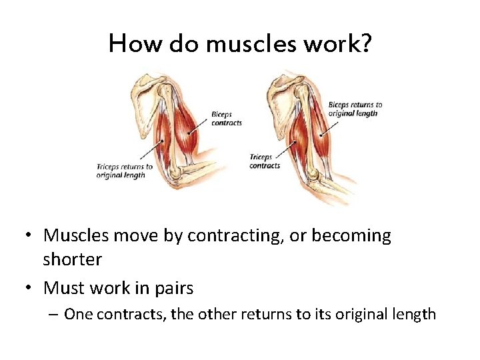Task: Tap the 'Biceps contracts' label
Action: coord(226,119)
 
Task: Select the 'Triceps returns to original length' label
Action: coord(125,171)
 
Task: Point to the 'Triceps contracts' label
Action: coord(265,161)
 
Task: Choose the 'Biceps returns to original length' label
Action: coord(355,109)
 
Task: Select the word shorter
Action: coord(72,259)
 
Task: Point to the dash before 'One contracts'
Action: coord(55,314)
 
